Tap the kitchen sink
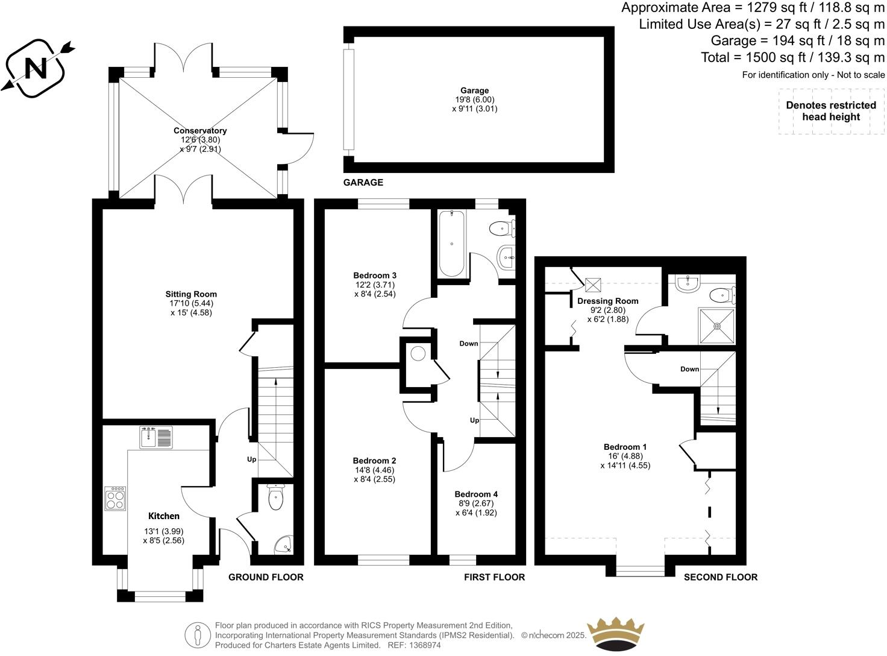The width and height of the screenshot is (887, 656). (x=155, y=437)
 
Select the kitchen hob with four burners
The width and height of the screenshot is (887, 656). (x=115, y=499)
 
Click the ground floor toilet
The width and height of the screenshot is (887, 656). (x=275, y=499)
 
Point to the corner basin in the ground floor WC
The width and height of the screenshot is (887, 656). (x=284, y=546)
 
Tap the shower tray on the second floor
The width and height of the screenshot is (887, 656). (x=717, y=326)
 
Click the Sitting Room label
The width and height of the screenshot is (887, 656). (x=191, y=294)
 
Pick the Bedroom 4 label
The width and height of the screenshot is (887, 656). (x=476, y=494)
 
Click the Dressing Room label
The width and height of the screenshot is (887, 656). (x=607, y=301)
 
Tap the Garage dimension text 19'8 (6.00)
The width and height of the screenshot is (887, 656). (x=475, y=100)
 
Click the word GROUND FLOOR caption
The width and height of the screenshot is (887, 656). (x=266, y=577)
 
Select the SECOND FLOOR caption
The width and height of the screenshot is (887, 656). (x=720, y=577)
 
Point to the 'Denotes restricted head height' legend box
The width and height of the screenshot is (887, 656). (x=830, y=112)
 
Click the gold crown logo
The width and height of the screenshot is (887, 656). (x=616, y=633)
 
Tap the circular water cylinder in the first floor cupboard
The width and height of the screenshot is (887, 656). (x=418, y=353)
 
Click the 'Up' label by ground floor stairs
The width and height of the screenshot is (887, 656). (x=251, y=459)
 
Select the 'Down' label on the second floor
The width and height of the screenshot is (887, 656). (x=689, y=369)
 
